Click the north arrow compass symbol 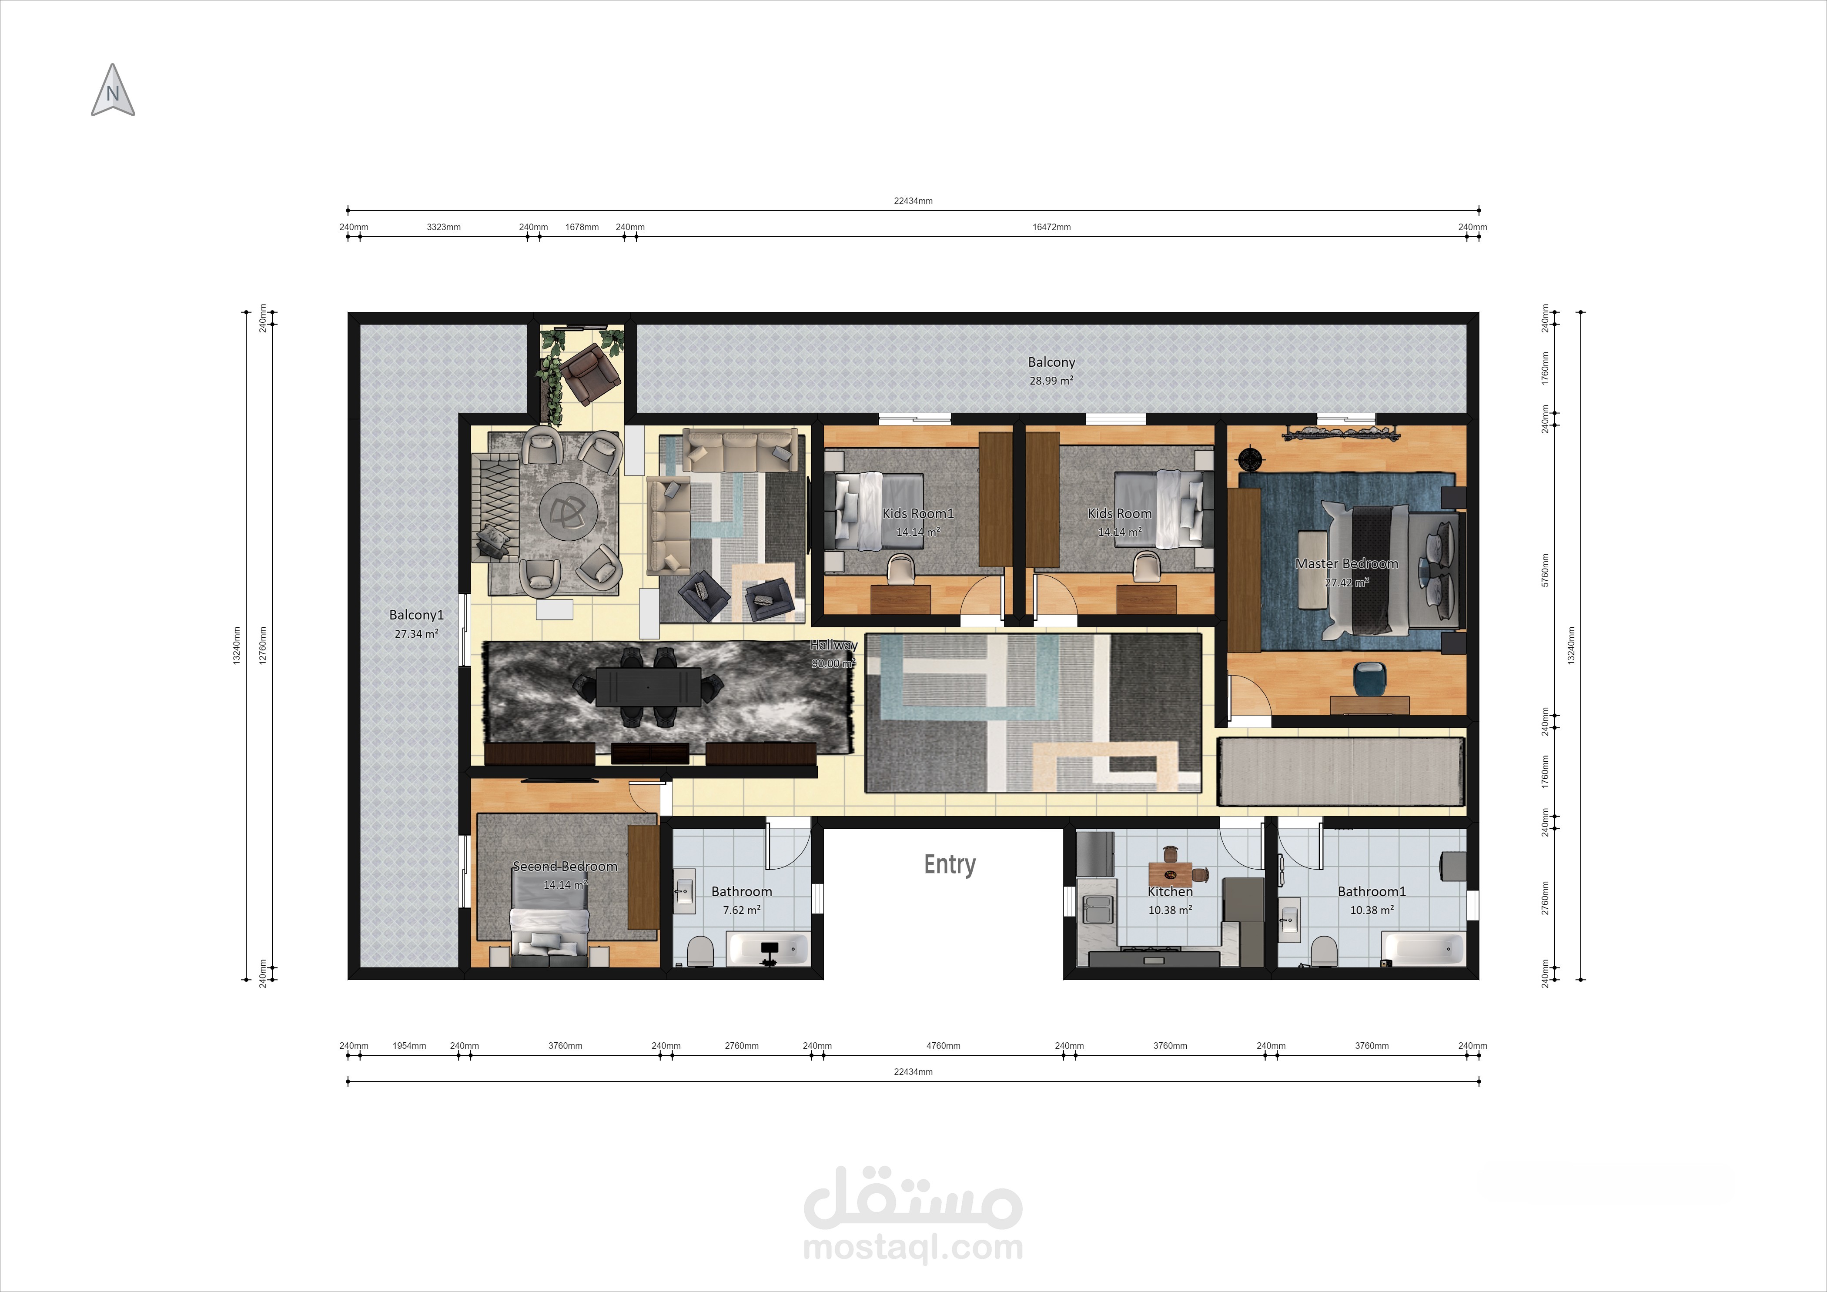pos(112,90)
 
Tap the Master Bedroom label pos(1346,563)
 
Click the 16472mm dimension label pos(1051,227)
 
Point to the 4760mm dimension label pos(943,1045)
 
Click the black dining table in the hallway pos(649,686)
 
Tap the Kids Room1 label pos(917,513)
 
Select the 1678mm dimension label pos(582,227)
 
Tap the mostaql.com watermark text pos(913,1247)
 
